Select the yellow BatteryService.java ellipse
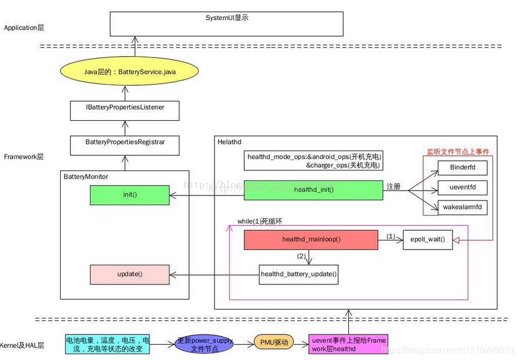[129, 71]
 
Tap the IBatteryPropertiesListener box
[125, 108]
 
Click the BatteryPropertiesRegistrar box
[125, 142]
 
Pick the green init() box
[129, 194]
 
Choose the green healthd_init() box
[313, 190]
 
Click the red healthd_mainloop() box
[311, 239]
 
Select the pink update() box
[129, 274]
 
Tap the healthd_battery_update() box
[299, 274]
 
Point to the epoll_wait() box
[427, 239]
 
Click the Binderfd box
[462, 167]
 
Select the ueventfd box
[462, 187]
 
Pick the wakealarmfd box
[462, 207]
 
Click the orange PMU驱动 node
[274, 342]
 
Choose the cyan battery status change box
[107, 345]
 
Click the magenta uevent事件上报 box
[348, 345]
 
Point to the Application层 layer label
[24, 28]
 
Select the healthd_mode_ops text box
[313, 161]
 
